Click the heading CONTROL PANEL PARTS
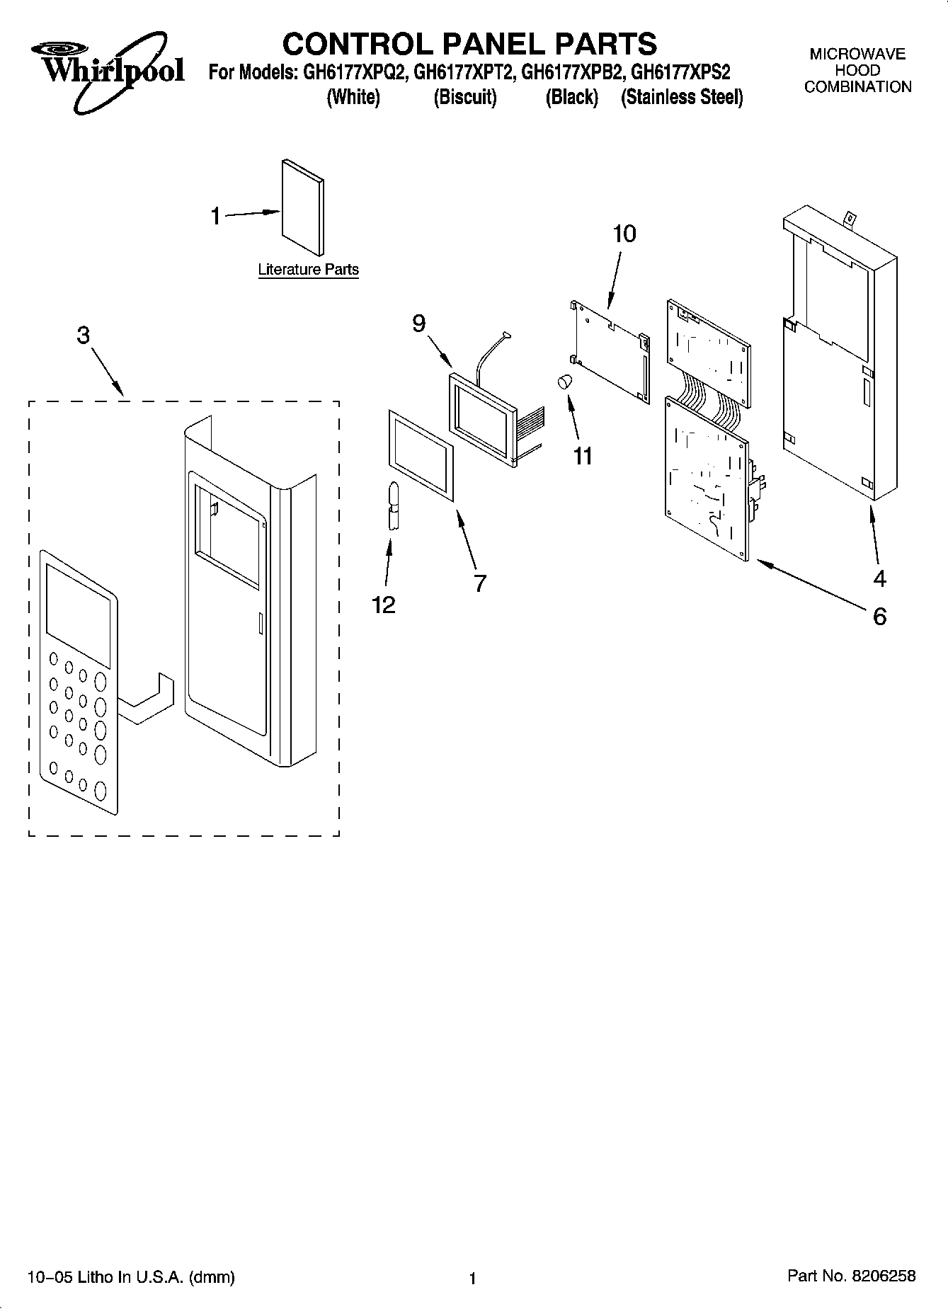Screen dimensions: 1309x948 [x=469, y=44]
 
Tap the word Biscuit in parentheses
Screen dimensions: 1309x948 [x=465, y=98]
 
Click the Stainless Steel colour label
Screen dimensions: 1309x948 [x=682, y=98]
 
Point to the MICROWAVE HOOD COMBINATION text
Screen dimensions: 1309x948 [x=857, y=71]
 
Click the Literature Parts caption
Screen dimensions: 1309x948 [x=308, y=270]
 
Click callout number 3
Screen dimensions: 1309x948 [x=84, y=335]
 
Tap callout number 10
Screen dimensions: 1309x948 [x=624, y=234]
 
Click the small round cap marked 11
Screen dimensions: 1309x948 [x=564, y=382]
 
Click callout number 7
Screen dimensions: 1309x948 [x=480, y=583]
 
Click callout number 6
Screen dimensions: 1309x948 [x=879, y=617]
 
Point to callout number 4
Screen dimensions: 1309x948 [x=879, y=579]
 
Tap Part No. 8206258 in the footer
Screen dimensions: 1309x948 [x=852, y=1276]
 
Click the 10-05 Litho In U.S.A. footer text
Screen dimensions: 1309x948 [x=131, y=1277]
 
